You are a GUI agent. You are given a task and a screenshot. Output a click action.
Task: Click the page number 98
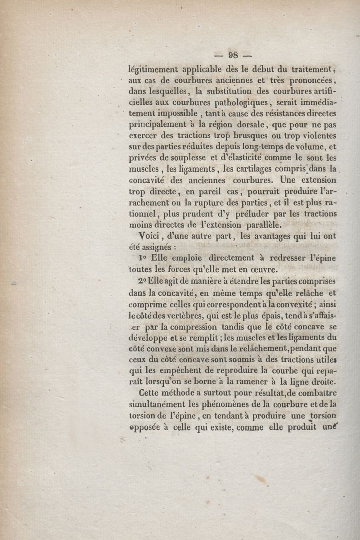coord(233,56)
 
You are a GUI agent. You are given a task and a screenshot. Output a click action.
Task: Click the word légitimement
coord(153,69)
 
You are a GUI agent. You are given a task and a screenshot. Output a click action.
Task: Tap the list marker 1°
coord(143,258)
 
